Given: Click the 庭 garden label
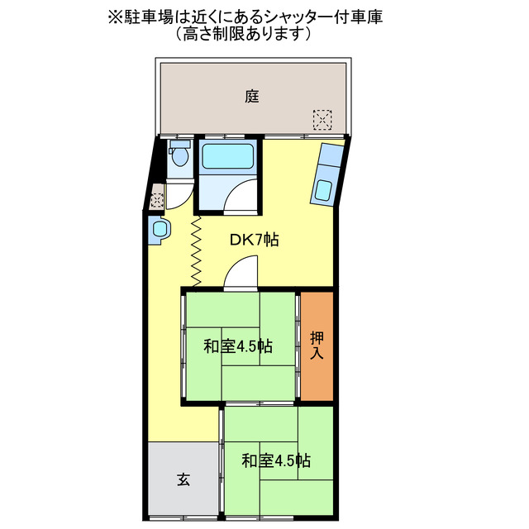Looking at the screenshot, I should click(x=252, y=96).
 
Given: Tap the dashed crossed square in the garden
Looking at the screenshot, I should click(x=322, y=120).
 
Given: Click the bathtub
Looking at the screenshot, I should click(x=227, y=156).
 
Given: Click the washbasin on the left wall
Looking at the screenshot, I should click(x=160, y=230).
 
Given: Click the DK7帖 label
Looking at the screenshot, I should click(x=254, y=241).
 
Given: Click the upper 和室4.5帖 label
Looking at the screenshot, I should click(x=239, y=346).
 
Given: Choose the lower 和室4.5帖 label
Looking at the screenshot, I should click(x=276, y=460).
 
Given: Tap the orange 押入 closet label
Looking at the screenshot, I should click(x=317, y=346).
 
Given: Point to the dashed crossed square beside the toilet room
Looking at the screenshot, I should click(x=157, y=199).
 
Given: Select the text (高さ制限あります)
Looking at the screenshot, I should click(x=244, y=35).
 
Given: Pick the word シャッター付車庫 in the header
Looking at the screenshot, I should click(x=325, y=17).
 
